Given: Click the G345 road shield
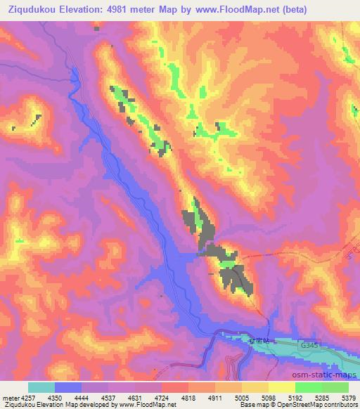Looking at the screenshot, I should click(308, 345).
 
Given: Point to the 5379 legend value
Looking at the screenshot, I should click(349, 396).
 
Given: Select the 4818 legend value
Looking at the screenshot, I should click(188, 396).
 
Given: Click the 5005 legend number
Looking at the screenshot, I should click(241, 396).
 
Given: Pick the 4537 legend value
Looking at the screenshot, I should click(108, 396).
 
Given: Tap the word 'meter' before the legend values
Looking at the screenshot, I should click(10, 396).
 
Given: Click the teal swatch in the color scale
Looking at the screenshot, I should click(41, 387).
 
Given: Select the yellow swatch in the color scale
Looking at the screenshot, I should click(281, 387).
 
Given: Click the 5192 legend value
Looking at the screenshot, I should click(295, 396).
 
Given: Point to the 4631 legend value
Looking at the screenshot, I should click(134, 396).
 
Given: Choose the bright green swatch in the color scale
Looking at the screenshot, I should click(308, 387).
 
